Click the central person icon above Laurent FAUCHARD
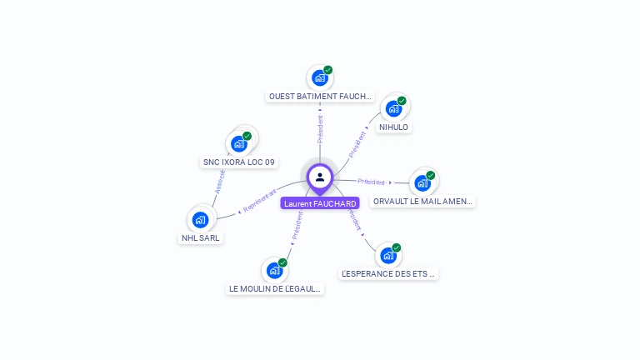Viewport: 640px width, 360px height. click(320, 177)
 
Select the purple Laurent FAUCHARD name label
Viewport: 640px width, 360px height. click(320, 203)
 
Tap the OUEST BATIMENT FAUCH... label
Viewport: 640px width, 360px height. click(320, 97)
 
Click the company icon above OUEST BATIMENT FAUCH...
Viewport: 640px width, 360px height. click(319, 77)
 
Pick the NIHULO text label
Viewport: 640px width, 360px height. click(393, 127)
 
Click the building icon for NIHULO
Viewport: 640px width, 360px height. click(393, 108)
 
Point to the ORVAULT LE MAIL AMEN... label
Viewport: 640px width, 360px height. click(422, 201)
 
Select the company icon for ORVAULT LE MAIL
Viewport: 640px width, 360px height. click(422, 182)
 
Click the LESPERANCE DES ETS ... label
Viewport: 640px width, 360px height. click(388, 273)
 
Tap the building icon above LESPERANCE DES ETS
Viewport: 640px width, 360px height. click(387, 255)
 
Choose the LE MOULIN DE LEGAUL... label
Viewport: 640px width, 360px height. click(275, 288)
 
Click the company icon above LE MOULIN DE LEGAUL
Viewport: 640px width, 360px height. click(274, 270)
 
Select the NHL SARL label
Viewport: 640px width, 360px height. click(202, 237)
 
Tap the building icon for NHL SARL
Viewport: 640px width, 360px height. click(200, 219)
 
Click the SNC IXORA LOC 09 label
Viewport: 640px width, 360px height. click(239, 162)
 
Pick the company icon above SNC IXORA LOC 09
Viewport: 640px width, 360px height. click(239, 142)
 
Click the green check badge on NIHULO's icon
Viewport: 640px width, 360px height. click(402, 101)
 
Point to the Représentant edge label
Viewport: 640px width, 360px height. click(259, 200)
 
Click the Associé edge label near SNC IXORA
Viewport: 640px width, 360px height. click(220, 182)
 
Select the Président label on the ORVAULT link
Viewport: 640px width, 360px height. click(371, 182)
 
